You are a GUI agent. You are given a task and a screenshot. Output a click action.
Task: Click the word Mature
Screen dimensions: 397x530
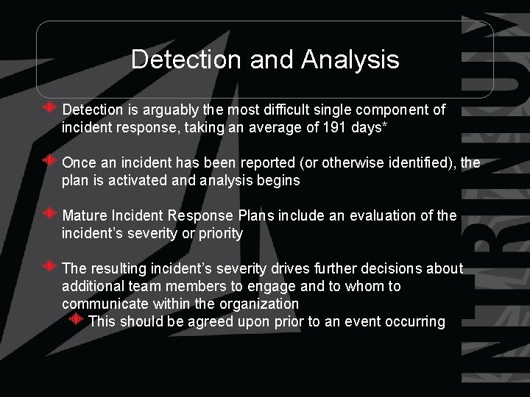click(x=85, y=216)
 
